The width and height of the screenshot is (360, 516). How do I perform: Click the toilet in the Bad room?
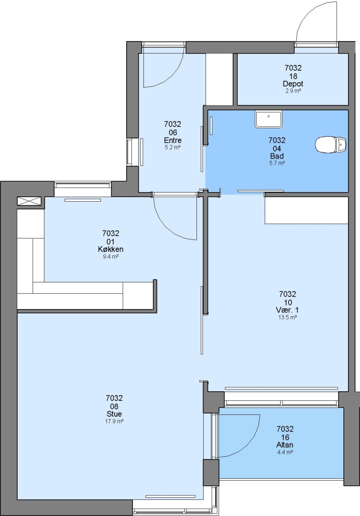(331, 145)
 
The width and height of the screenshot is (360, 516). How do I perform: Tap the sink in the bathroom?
(269, 119)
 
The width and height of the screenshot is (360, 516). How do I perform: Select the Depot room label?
(293, 84)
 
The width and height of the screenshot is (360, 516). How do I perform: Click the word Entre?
(173, 140)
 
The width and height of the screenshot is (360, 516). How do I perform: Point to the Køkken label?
(110, 249)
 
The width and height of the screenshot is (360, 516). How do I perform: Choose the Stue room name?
(114, 414)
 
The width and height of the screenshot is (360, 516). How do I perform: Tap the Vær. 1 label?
(287, 310)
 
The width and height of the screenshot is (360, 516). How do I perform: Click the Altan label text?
(285, 445)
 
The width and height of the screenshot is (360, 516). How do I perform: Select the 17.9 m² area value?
(114, 421)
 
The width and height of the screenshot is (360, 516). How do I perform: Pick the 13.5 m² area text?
(287, 317)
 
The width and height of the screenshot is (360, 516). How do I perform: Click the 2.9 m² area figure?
(293, 91)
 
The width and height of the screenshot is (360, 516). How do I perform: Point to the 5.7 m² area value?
(277, 163)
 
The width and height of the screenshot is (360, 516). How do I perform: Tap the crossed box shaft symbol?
(29, 201)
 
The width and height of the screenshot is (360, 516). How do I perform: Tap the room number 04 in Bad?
(277, 149)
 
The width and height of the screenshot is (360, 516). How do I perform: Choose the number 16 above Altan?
(285, 437)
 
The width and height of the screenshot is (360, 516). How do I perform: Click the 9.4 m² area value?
(110, 257)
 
